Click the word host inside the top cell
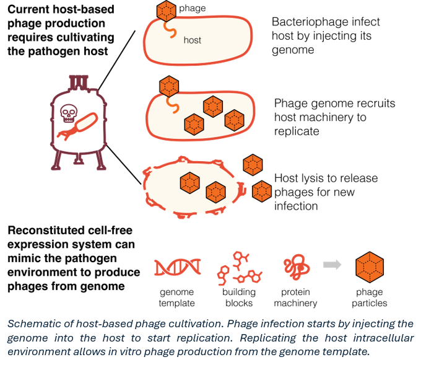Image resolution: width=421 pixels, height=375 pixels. (193, 40)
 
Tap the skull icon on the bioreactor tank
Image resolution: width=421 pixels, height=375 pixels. (68, 113)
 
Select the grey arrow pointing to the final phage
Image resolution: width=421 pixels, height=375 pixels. (332, 265)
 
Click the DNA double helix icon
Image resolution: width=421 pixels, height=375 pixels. (178, 267)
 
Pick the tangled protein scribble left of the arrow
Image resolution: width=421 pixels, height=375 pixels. (297, 267)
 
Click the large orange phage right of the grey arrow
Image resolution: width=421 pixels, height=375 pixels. (370, 267)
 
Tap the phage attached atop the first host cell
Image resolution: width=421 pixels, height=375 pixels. (167, 11)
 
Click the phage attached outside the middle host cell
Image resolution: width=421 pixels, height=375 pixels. (169, 86)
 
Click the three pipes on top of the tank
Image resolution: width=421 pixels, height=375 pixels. (79, 81)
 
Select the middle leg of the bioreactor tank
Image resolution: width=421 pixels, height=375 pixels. (79, 160)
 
